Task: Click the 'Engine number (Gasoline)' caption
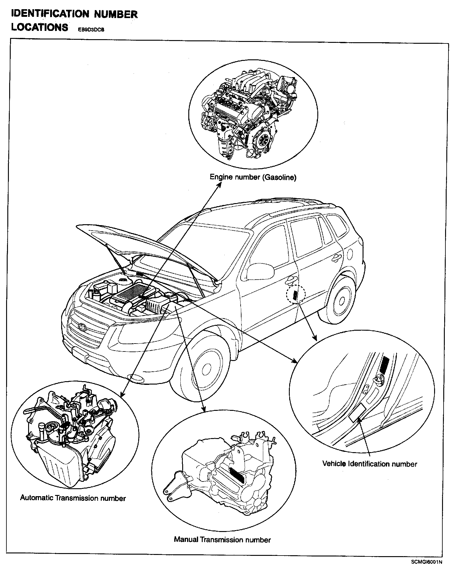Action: pos(253,177)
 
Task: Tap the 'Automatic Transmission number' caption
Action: pos(73,498)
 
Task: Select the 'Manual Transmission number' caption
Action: pos(222,540)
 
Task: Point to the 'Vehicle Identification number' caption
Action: pos(370,464)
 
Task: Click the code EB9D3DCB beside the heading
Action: pos(89,30)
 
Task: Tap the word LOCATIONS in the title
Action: pos(40,27)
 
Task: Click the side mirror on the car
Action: pos(260,271)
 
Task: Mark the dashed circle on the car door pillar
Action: pos(296,295)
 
